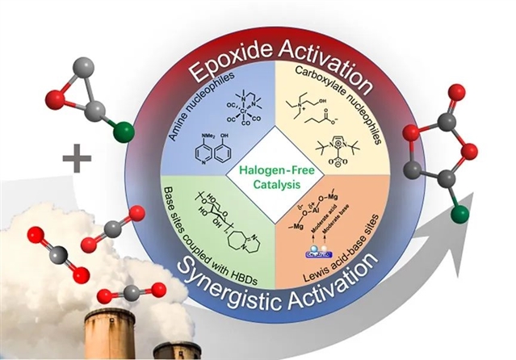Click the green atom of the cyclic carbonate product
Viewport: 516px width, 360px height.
pyautogui.click(x=459, y=213)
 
